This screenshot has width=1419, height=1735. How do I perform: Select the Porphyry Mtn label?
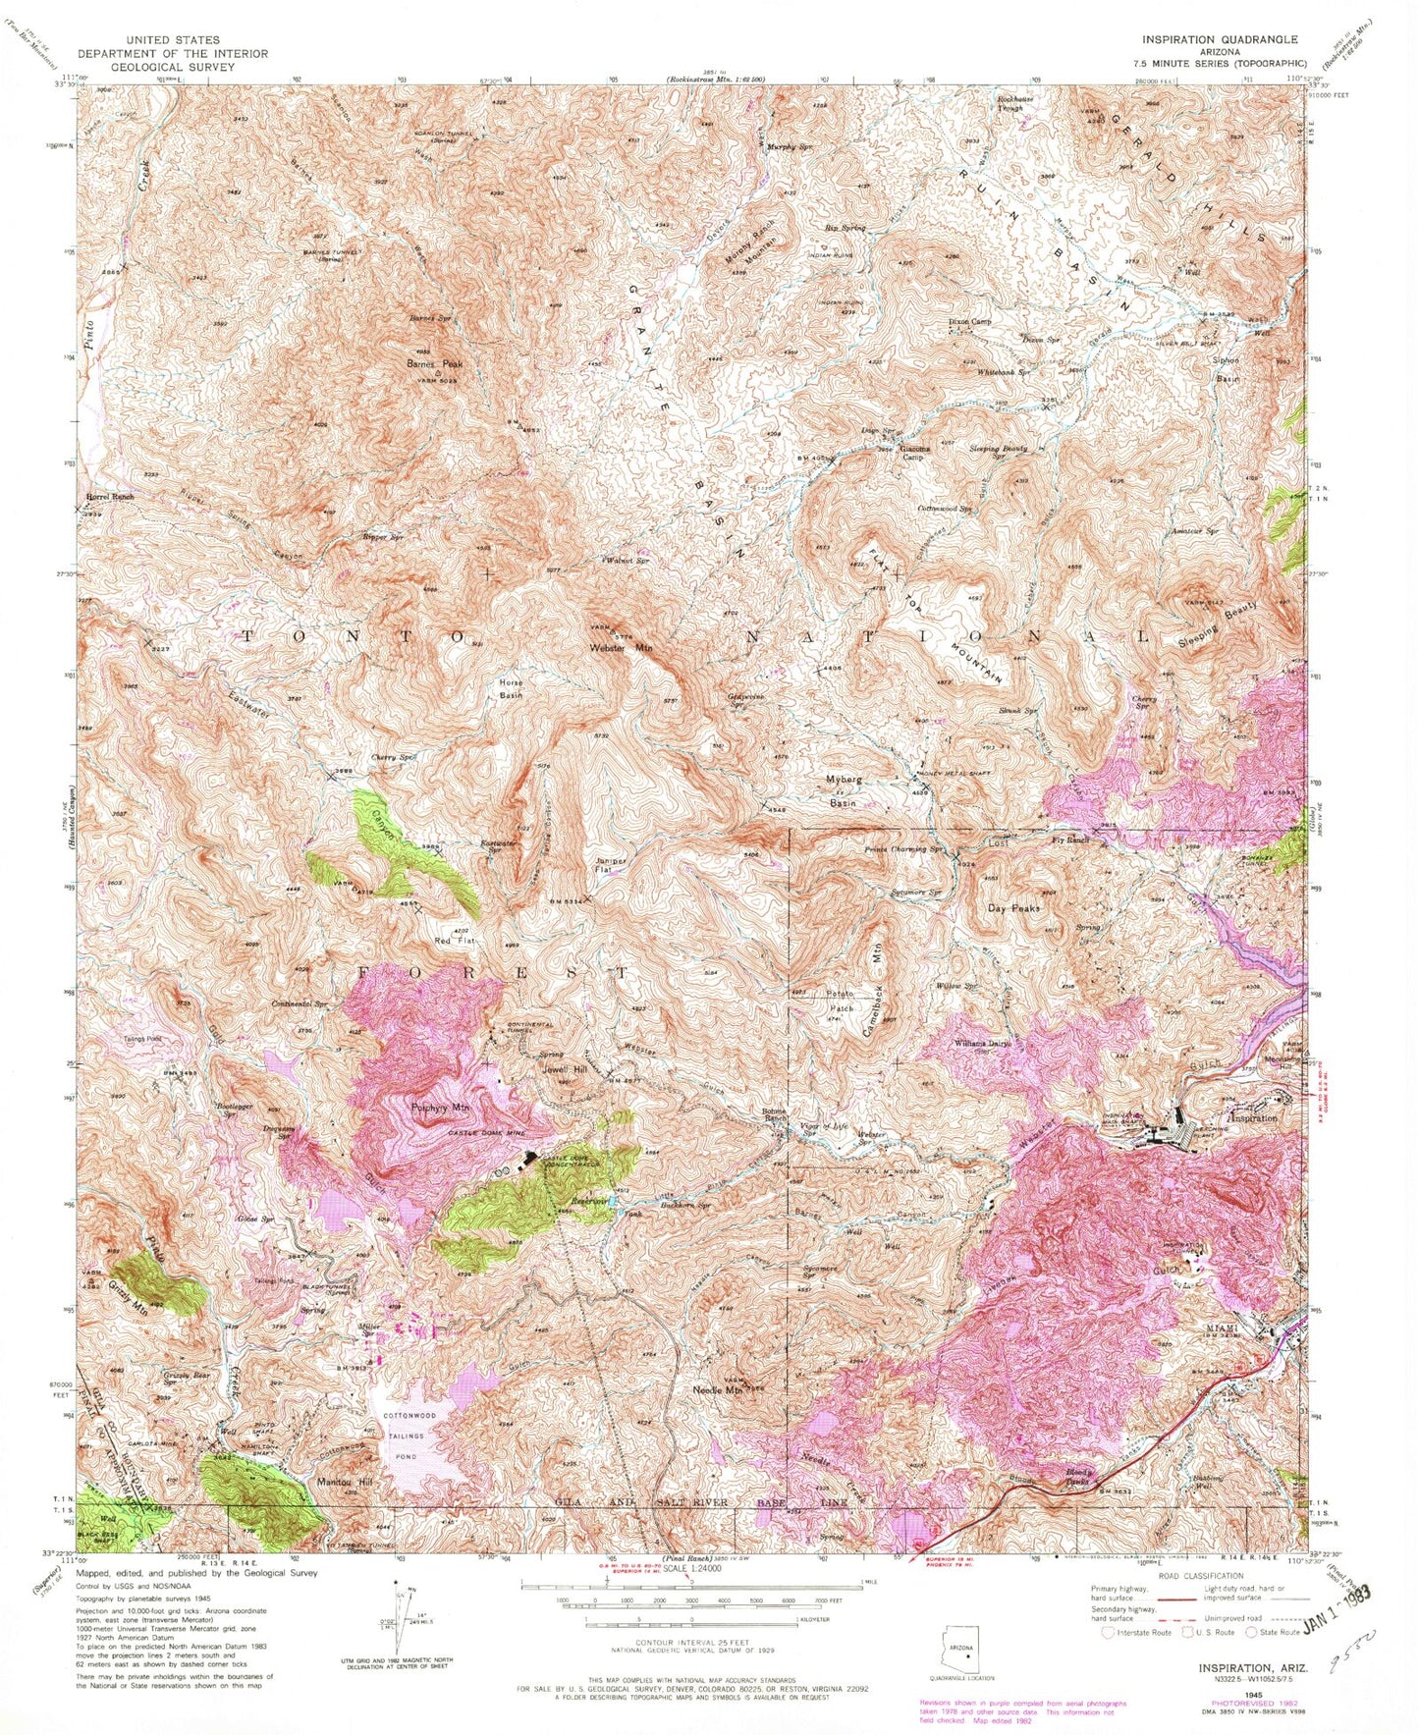441,1108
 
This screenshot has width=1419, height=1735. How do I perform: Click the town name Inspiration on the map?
1252,1117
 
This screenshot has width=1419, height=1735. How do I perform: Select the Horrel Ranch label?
109,498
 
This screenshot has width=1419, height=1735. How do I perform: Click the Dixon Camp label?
970,321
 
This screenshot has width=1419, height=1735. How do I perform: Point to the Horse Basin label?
511,688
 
